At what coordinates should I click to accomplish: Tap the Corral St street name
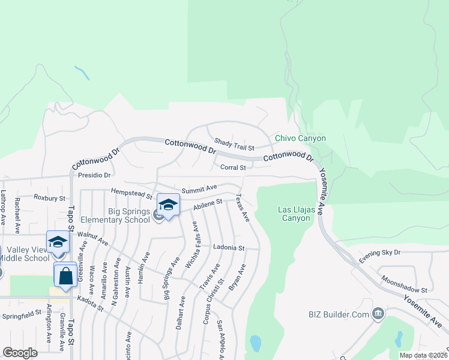point(233,168)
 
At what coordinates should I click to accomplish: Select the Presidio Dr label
point(95,176)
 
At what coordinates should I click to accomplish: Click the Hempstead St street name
point(132,193)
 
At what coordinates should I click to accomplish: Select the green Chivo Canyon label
point(300,138)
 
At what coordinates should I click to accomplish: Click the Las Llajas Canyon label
point(294,214)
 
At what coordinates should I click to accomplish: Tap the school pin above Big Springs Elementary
point(169,205)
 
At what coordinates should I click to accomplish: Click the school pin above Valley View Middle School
point(58,242)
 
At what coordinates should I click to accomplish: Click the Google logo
point(20,353)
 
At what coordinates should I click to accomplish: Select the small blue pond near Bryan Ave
point(255,343)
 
